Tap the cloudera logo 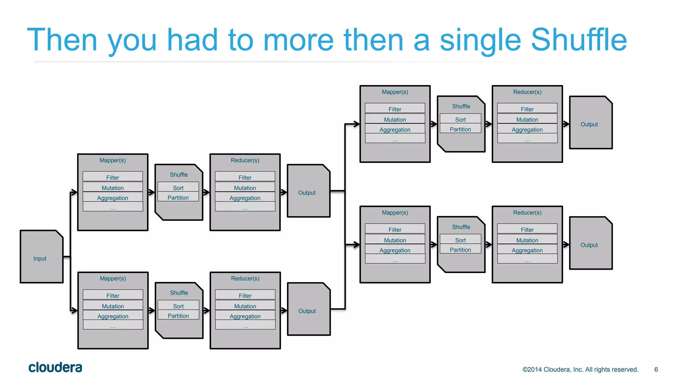55,368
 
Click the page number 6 656,370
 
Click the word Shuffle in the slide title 579,40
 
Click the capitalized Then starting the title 62,40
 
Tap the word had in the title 192,40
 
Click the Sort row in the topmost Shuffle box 460,120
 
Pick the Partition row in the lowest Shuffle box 178,316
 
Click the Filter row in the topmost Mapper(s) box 395,109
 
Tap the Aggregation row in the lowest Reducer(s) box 245,316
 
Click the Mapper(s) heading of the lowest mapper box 113,278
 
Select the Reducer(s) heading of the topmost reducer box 527,92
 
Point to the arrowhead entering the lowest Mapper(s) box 74,310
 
